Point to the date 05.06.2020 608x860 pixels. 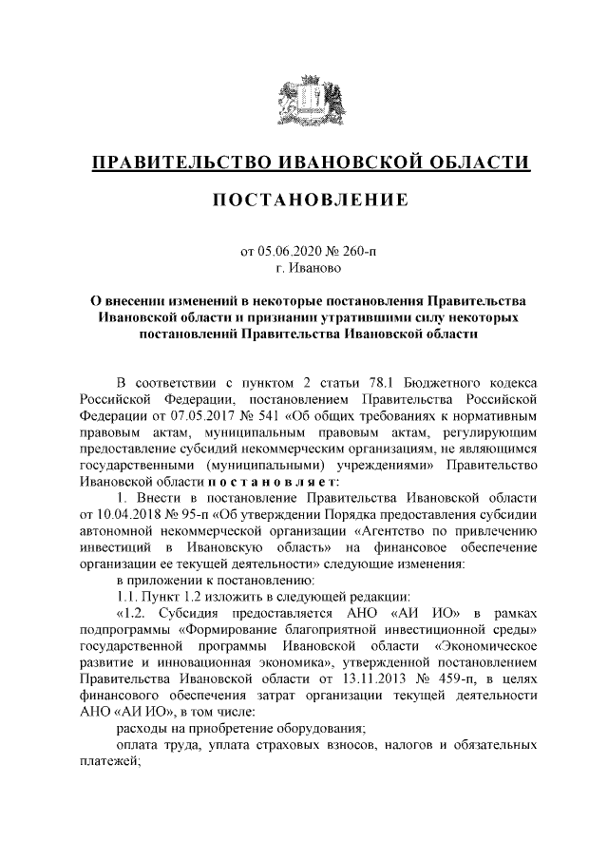[x=292, y=253]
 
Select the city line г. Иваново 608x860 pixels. [x=304, y=270]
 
